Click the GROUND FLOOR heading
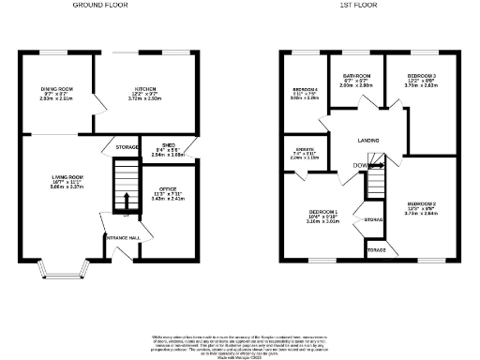click(x=101, y=5)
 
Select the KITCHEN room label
click(x=143, y=90)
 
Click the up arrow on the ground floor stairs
click(x=124, y=200)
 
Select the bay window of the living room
click(x=64, y=272)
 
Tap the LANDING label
click(x=368, y=141)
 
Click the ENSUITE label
click(x=305, y=152)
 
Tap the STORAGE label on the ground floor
click(x=127, y=147)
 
